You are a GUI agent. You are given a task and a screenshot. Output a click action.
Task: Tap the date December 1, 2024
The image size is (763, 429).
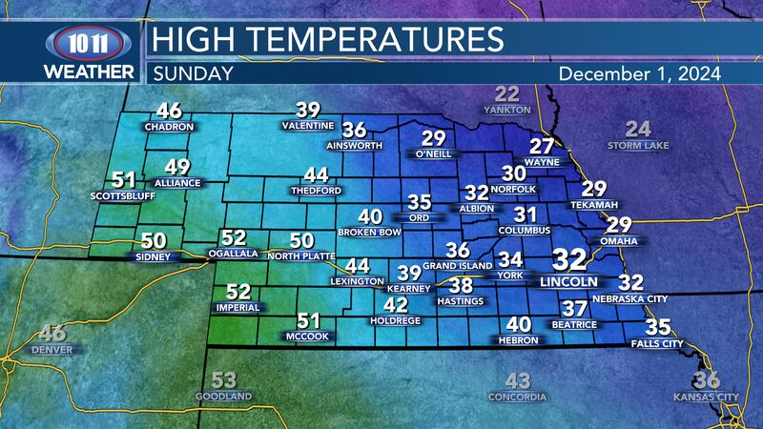(x=638, y=72)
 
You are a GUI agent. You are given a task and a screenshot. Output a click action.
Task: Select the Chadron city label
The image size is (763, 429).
(x=170, y=126)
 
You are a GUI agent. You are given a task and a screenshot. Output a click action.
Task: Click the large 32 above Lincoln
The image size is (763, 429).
(x=569, y=260)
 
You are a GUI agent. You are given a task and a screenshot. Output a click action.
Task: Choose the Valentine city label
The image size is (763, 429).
(x=308, y=126)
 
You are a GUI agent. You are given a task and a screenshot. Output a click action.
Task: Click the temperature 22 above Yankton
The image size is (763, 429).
(x=507, y=94)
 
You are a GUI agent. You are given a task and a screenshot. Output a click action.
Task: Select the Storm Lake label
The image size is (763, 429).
(x=638, y=145)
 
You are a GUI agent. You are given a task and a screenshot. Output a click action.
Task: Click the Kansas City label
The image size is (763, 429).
(x=707, y=396)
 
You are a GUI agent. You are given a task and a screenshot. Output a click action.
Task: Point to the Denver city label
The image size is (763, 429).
(x=52, y=350)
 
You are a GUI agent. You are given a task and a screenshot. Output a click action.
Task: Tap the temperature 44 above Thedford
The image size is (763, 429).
(x=316, y=175)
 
